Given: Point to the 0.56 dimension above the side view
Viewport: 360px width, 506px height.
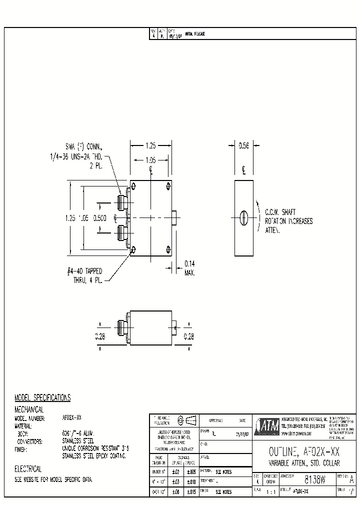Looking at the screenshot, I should point(243,145).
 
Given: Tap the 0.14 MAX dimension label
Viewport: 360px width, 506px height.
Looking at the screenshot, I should point(189,268).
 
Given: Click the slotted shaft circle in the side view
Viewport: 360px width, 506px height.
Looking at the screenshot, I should point(243,217).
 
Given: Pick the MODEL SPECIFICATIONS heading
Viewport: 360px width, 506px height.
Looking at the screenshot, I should point(42,397).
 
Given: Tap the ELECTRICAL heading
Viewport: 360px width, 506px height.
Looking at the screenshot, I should point(28,469).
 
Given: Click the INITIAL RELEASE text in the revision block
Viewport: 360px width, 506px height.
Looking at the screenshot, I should point(195,34).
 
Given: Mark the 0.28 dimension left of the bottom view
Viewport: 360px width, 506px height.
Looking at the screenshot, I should point(100,336).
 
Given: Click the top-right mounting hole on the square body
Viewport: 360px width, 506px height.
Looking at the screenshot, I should point(167,187).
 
